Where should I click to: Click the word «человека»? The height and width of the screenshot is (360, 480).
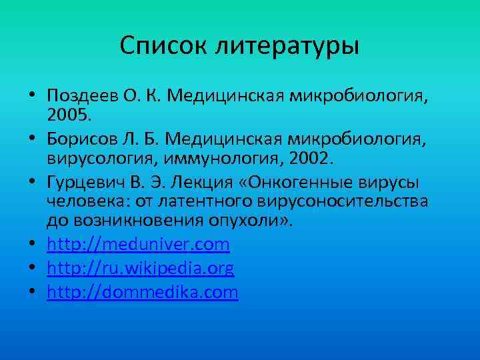point(75,201)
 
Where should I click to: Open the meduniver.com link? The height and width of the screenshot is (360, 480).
point(138,245)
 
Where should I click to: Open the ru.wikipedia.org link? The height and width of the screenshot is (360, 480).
point(140,269)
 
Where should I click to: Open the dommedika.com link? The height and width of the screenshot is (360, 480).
point(142,293)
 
